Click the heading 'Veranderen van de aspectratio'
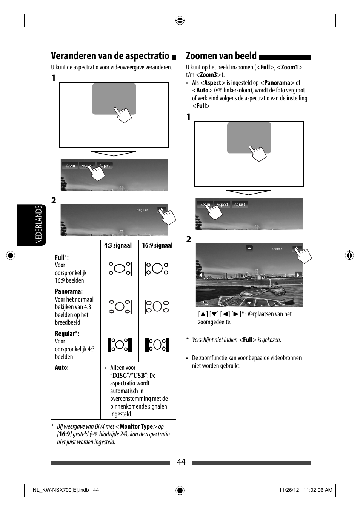pyautogui.click(x=110, y=56)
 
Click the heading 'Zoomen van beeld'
pyautogui.click(x=221, y=56)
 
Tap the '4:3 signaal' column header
pyautogui.click(x=118, y=245)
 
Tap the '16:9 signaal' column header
pyautogui.click(x=157, y=245)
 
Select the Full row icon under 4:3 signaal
pyautogui.click(x=119, y=269)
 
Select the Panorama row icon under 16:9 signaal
pyautogui.click(x=157, y=307)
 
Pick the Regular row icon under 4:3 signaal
pyautogui.click(x=119, y=345)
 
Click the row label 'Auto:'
pyautogui.click(x=62, y=368)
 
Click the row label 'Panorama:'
pyautogui.click(x=69, y=291)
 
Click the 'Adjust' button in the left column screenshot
pyautogui.click(x=105, y=165)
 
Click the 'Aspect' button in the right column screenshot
pyautogui.click(x=222, y=204)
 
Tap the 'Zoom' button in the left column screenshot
pyautogui.click(x=70, y=165)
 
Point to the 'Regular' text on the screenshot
pyautogui.click(x=142, y=210)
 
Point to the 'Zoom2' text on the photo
pyautogui.click(x=277, y=249)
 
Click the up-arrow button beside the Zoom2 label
pyautogui.click(x=249, y=248)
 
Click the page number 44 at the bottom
pyautogui.click(x=181, y=462)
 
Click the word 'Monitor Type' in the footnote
pyautogui.click(x=136, y=426)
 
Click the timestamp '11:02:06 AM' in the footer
pyautogui.click(x=318, y=490)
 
